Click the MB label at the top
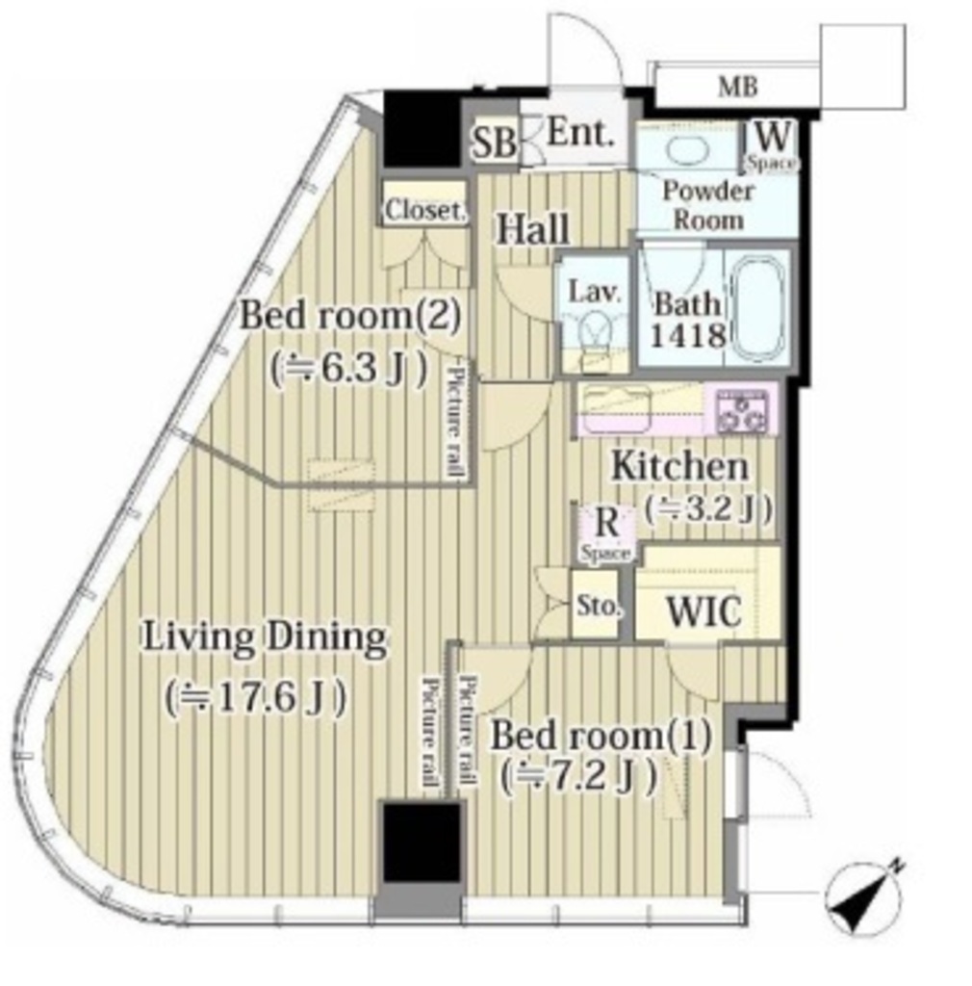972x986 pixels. [737, 87]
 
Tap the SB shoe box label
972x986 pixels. [495, 143]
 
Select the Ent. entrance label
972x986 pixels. [579, 133]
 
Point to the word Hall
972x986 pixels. [533, 229]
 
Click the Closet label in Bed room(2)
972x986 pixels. [425, 211]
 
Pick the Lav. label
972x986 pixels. [595, 293]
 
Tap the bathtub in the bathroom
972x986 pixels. [757, 307]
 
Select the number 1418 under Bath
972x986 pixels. [687, 335]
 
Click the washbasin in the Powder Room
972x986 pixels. [687, 151]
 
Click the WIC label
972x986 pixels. [703, 610]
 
